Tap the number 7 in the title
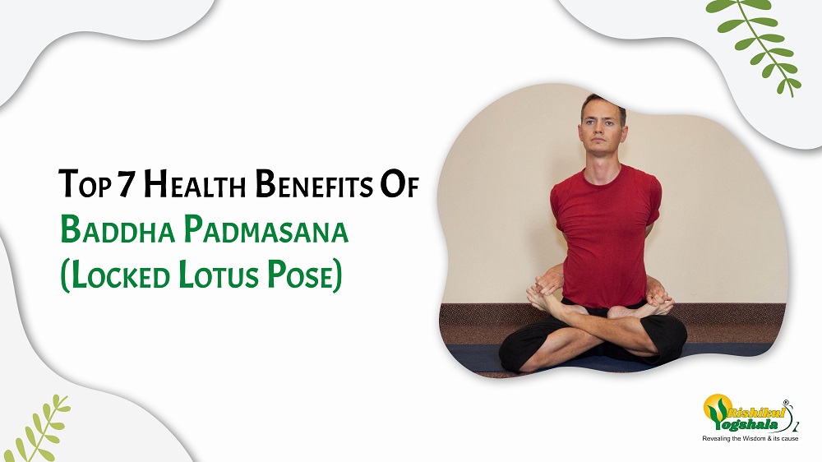pos(125,187)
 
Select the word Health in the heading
pos(188,187)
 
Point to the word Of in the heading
pos(400,187)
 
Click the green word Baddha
pos(112,231)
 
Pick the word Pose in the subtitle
pos(308,275)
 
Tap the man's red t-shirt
pos(605,230)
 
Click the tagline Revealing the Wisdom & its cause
pos(749,441)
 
